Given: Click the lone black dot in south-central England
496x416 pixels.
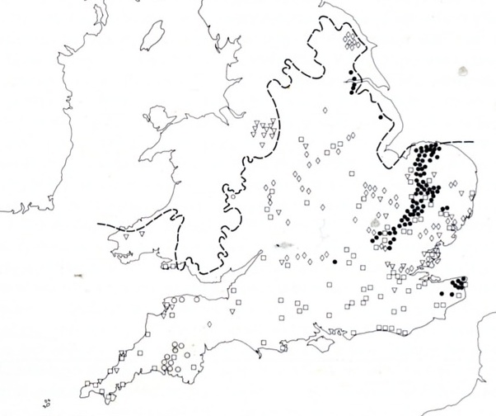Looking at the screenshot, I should [335, 262].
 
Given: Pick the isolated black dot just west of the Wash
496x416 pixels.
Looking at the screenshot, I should [381, 118].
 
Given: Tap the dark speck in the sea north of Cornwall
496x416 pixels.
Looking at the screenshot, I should [78, 275].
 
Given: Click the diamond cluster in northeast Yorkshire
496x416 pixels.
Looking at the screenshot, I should [353, 40].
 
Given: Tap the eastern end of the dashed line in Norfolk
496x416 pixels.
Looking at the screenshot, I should [473, 142].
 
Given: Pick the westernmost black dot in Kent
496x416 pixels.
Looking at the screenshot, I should [442, 294].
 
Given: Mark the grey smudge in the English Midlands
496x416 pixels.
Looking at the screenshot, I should [285, 245].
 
